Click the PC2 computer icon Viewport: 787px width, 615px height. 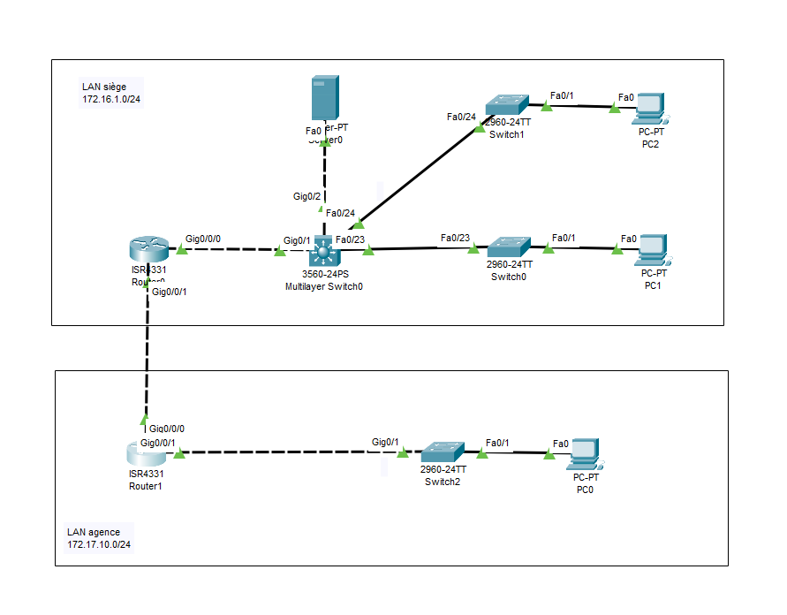(x=652, y=106)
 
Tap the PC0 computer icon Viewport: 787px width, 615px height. (x=585, y=453)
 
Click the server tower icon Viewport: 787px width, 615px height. (x=325, y=99)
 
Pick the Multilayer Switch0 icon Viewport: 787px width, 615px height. (x=323, y=253)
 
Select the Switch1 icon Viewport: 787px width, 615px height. (x=507, y=105)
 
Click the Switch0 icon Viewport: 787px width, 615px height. (x=509, y=247)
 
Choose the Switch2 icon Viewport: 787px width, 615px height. (x=443, y=452)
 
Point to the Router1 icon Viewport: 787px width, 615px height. (x=146, y=453)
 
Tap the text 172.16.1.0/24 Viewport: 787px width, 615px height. (x=111, y=100)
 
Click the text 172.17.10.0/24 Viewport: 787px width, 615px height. (x=99, y=544)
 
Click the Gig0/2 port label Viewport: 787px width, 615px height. (x=306, y=196)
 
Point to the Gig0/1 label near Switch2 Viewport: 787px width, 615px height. (x=385, y=442)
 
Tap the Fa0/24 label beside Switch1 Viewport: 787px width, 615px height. (x=461, y=117)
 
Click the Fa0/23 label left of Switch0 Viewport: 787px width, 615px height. (x=455, y=238)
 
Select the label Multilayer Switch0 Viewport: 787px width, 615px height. (x=323, y=287)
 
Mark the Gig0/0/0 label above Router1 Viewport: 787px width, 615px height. (x=167, y=429)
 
